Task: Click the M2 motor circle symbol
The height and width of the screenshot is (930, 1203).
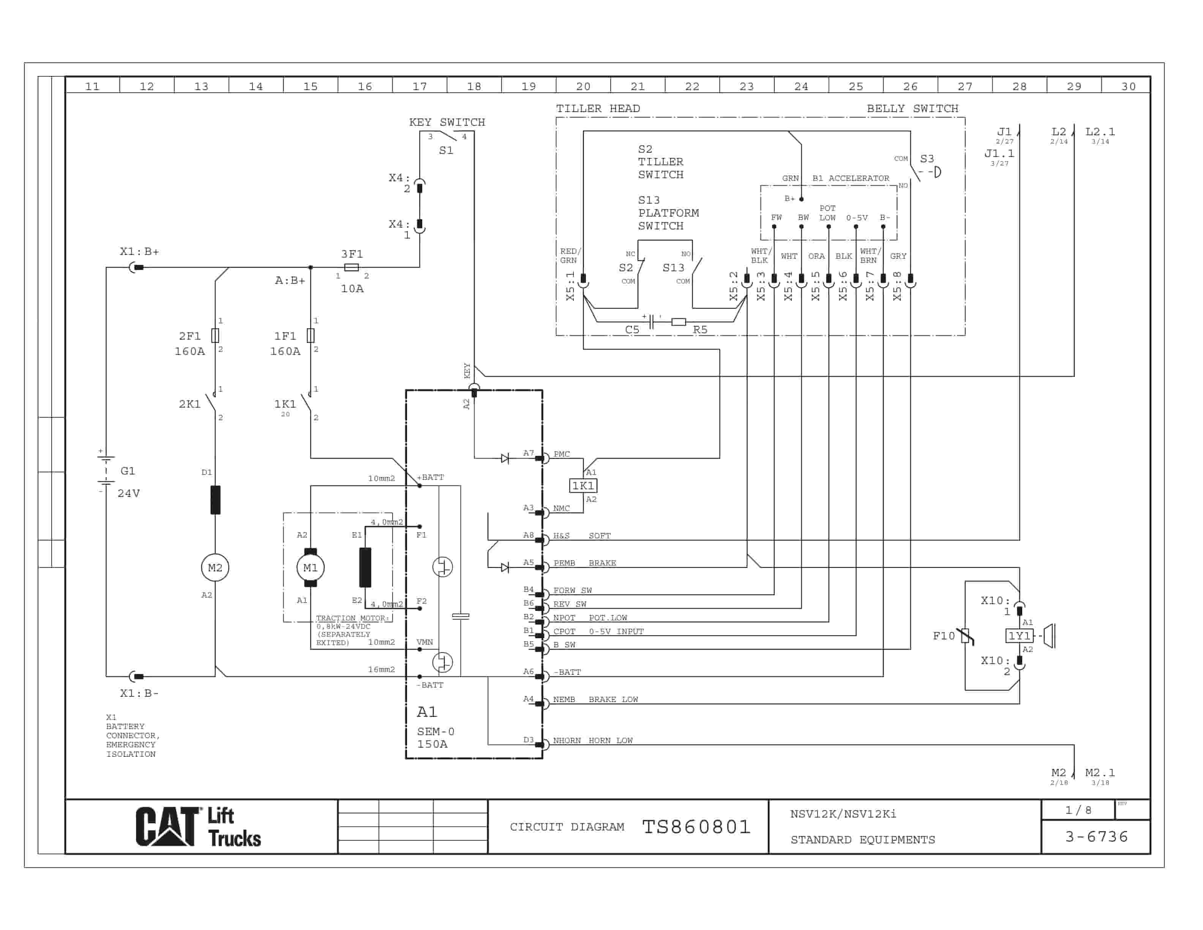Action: [x=215, y=568]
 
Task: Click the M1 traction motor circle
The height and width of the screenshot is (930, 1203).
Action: [x=310, y=568]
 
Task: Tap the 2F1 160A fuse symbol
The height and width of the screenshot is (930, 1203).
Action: [x=215, y=335]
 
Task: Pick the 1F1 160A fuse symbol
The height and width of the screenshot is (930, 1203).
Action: [x=311, y=335]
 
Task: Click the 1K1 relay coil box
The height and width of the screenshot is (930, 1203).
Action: [x=583, y=486]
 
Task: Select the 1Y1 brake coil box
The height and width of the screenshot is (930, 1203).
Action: [x=1019, y=636]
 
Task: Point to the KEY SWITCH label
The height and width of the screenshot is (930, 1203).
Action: [x=447, y=122]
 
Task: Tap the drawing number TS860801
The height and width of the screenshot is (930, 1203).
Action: [x=696, y=826]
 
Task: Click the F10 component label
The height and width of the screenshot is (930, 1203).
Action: [x=944, y=636]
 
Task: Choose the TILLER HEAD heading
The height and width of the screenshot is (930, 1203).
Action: [x=598, y=109]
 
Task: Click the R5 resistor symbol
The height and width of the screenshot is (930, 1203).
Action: [x=679, y=322]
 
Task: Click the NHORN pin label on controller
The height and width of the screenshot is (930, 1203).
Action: [x=567, y=740]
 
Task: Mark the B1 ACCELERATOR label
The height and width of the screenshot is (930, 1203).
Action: [x=851, y=178]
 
